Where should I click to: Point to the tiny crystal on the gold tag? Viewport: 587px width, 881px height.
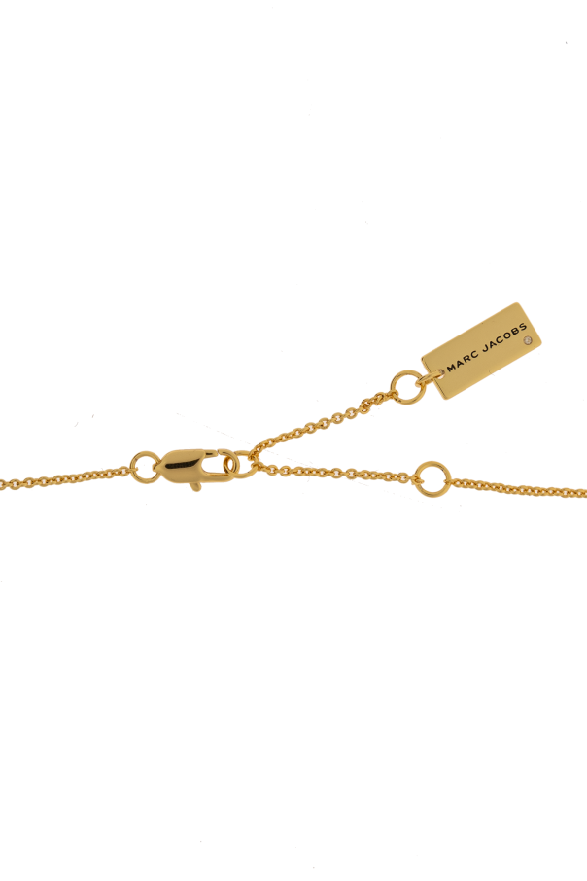(527, 340)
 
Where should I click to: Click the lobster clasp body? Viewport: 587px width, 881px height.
(186, 467)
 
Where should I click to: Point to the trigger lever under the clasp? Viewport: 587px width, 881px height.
(195, 485)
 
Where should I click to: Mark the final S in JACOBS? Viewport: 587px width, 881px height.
(523, 327)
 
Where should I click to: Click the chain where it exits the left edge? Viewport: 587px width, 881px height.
(2, 483)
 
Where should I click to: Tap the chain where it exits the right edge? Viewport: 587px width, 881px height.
(585, 494)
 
